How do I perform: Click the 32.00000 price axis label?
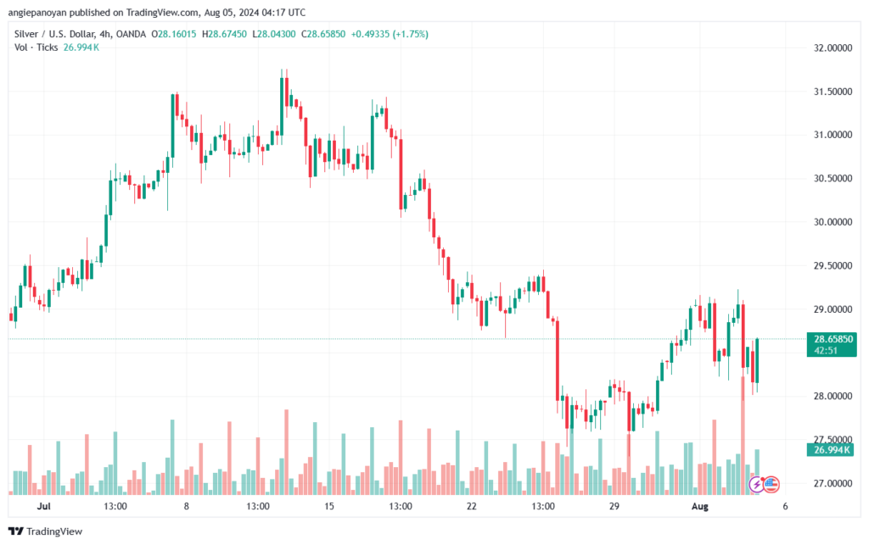(x=833, y=47)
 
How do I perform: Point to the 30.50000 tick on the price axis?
(x=833, y=178)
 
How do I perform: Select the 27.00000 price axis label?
(x=833, y=483)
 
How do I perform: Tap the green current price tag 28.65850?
(x=833, y=338)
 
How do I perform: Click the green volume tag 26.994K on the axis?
(x=833, y=449)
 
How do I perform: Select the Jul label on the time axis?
(x=44, y=506)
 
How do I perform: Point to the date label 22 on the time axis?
(x=472, y=506)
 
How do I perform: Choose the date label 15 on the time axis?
(x=329, y=506)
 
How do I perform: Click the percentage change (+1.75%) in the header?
(x=406, y=34)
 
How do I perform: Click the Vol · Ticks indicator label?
(x=36, y=47)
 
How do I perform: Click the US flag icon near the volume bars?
(x=771, y=484)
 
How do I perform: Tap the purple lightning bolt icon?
(x=756, y=484)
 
